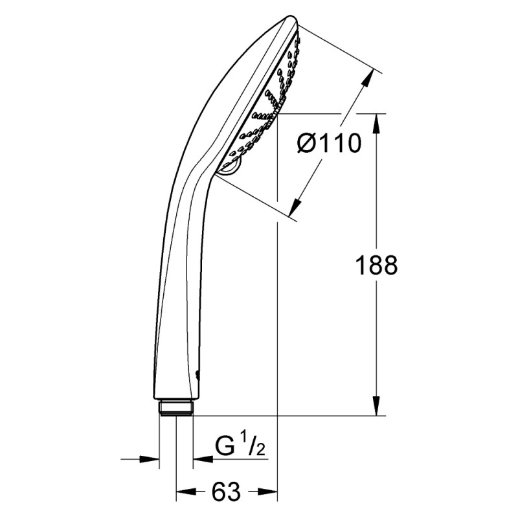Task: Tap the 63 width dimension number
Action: click(x=226, y=493)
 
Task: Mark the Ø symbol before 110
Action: click(x=310, y=142)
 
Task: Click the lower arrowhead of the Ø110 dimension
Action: click(x=295, y=207)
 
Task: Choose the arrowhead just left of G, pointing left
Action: click(x=201, y=459)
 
